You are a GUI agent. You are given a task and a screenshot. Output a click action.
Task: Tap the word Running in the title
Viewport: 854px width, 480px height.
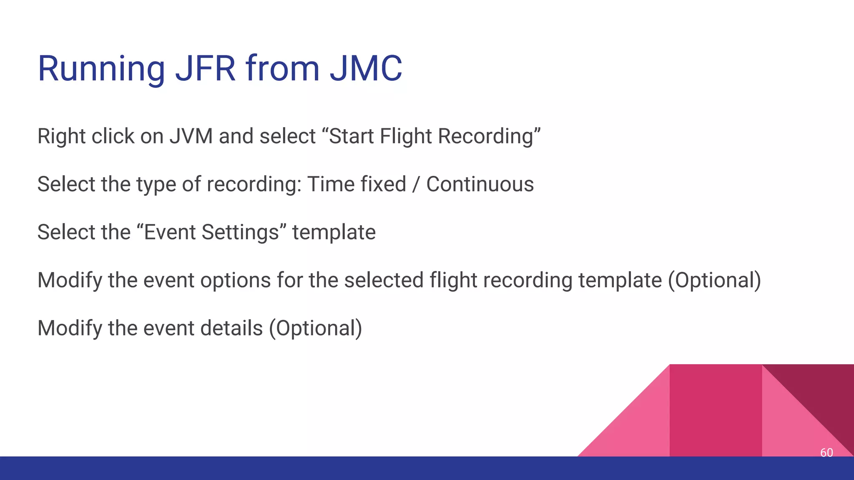pos(101,69)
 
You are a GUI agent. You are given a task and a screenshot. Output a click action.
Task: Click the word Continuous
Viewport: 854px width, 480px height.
pos(480,184)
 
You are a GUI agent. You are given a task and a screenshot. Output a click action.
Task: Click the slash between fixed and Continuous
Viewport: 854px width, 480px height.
pos(416,184)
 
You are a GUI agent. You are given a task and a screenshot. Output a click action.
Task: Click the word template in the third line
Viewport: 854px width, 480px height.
pos(334,232)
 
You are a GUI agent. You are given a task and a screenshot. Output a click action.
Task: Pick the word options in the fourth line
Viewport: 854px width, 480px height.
pos(236,280)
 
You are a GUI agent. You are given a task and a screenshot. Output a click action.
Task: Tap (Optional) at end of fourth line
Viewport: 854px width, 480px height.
pos(714,280)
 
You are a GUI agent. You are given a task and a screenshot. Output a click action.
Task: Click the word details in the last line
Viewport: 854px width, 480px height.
pos(231,328)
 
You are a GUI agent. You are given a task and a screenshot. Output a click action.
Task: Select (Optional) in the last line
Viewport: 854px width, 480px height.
pos(315,328)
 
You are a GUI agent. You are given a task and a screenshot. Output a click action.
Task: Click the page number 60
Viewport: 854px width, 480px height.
pos(826,452)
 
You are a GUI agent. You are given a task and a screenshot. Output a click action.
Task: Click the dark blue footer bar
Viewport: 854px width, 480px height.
pos(292,468)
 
